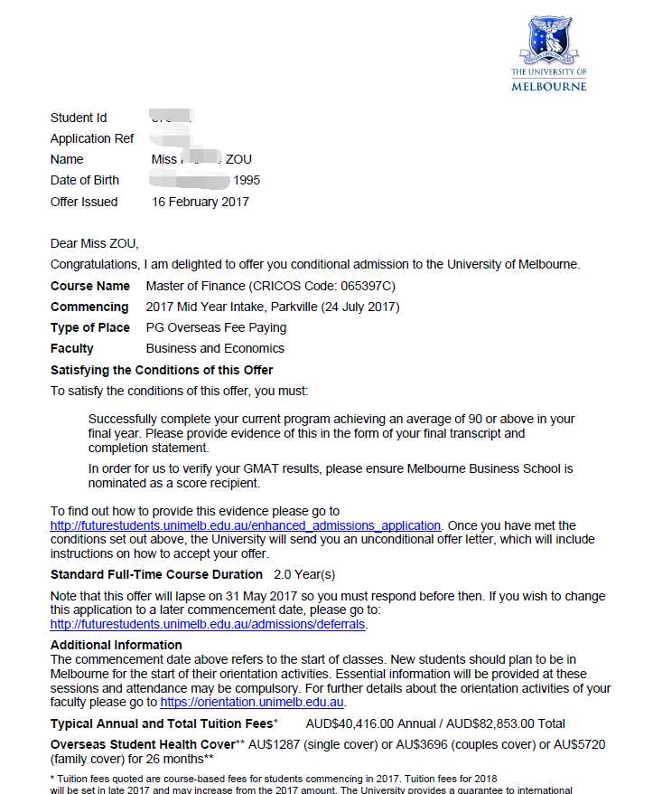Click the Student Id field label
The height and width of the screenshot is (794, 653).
coord(79,118)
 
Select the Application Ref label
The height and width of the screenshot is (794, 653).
coord(92,138)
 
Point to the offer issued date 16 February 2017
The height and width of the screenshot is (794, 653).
coord(201,202)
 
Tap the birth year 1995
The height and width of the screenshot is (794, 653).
coord(247,180)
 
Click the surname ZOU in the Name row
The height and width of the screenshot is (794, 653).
coord(238,159)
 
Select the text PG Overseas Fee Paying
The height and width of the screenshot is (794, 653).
coord(217,327)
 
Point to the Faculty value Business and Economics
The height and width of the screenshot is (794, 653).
coord(215,348)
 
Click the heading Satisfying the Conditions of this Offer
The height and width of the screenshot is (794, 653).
coord(162,370)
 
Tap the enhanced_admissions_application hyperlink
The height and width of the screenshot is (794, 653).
coord(246,525)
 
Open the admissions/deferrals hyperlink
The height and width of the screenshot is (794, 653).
coord(209,624)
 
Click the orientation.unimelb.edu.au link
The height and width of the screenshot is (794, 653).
coord(253,702)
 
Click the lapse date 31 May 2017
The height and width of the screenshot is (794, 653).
coord(234,596)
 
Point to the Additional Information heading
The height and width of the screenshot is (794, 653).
coord(117,645)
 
